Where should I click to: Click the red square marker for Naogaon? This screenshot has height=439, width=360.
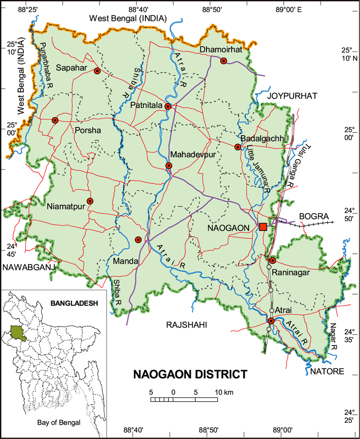(263, 227)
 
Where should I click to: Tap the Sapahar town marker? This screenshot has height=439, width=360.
(97, 71)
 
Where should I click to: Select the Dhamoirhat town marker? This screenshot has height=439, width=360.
(224, 61)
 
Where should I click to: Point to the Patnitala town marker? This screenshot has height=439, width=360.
(168, 106)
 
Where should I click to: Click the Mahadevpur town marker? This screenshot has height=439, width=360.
(169, 165)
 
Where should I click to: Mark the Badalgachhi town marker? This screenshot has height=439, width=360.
(238, 147)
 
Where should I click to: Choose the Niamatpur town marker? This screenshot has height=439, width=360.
(90, 201)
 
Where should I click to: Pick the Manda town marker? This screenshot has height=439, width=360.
(138, 240)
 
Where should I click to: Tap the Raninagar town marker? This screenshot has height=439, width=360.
(272, 261)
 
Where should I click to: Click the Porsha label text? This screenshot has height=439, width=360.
(87, 130)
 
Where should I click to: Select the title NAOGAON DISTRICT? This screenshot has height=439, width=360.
(190, 374)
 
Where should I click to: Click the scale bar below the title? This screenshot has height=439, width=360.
(184, 400)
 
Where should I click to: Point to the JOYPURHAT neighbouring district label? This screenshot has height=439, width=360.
(293, 96)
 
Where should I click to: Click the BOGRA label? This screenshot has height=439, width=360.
(312, 216)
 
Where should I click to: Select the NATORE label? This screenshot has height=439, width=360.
(327, 371)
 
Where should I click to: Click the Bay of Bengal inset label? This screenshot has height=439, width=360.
(59, 423)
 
